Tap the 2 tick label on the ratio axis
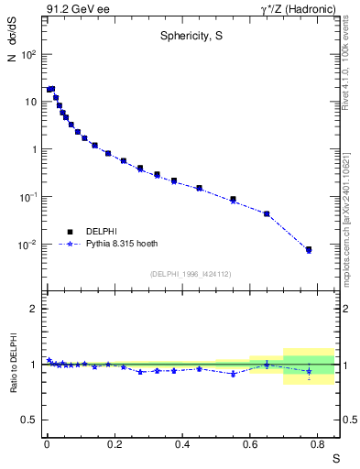34,309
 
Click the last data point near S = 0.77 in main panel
309,249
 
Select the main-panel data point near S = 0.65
267,213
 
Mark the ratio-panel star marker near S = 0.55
234,374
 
